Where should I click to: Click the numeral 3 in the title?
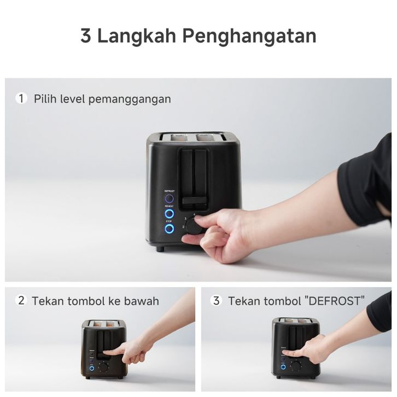pos(85,36)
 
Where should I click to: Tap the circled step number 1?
pos(21,98)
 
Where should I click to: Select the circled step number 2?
pos(21,301)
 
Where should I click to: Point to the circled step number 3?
pos(216,301)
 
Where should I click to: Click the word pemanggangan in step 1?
pos(130,100)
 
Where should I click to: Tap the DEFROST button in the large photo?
pos(169,198)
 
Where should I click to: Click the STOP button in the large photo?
pos(169,229)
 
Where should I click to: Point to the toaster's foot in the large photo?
pos(160,249)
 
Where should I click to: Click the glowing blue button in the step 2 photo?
pos(92,368)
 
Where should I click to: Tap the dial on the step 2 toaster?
pos(103,367)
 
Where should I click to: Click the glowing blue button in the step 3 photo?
pos(283,366)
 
